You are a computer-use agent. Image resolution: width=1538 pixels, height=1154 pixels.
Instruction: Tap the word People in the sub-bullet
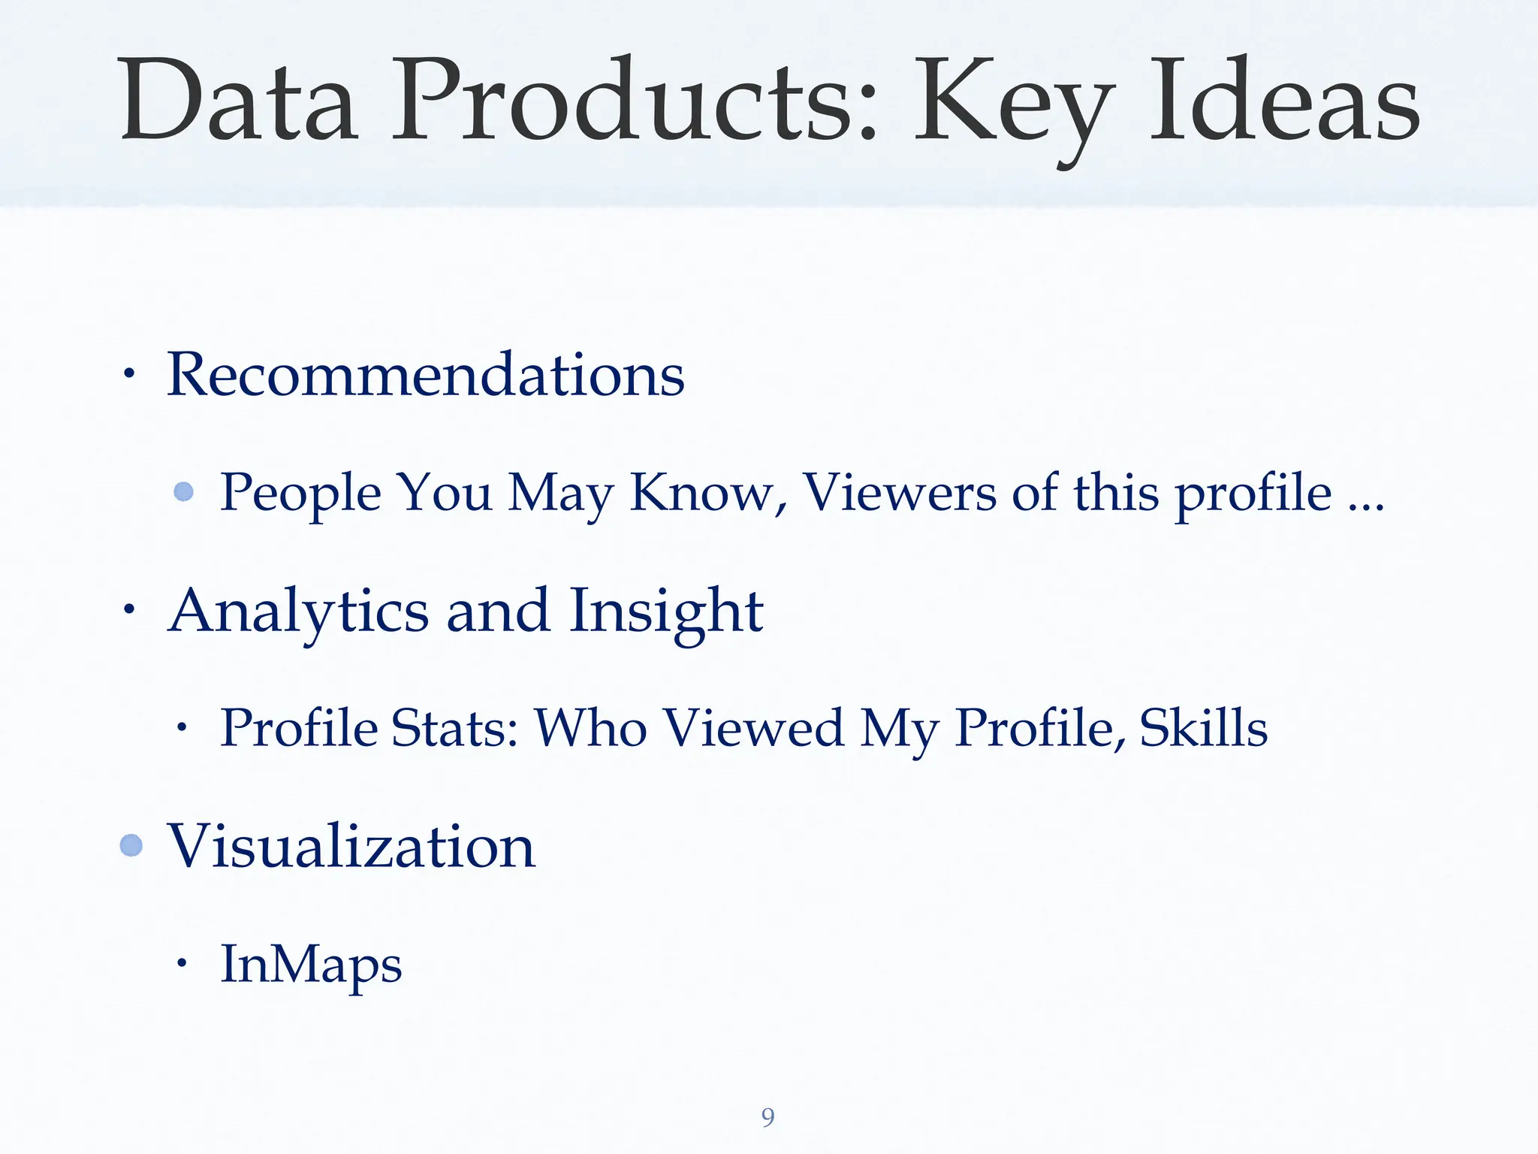pos(300,494)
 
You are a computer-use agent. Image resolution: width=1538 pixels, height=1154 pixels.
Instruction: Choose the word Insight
pos(665,612)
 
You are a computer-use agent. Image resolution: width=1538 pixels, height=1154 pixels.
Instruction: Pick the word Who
pos(591,728)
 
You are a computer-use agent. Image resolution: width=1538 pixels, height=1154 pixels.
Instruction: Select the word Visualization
pos(351,846)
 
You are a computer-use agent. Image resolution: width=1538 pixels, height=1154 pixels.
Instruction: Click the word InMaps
pos(311,965)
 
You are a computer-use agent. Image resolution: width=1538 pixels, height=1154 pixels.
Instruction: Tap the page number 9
pos(767,1117)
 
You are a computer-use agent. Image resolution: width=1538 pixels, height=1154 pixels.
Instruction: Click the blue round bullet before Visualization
pos(131,845)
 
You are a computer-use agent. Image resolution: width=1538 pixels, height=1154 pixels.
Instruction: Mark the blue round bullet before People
pos(184,492)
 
